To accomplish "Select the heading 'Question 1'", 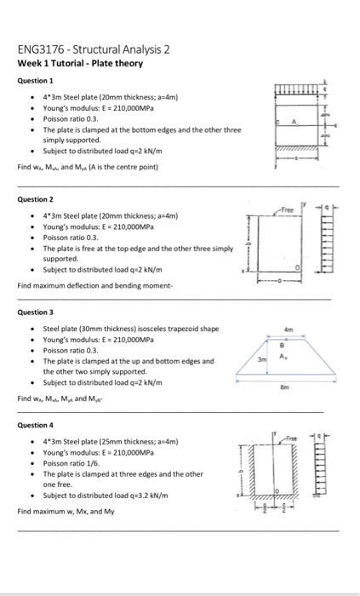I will [34, 81].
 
